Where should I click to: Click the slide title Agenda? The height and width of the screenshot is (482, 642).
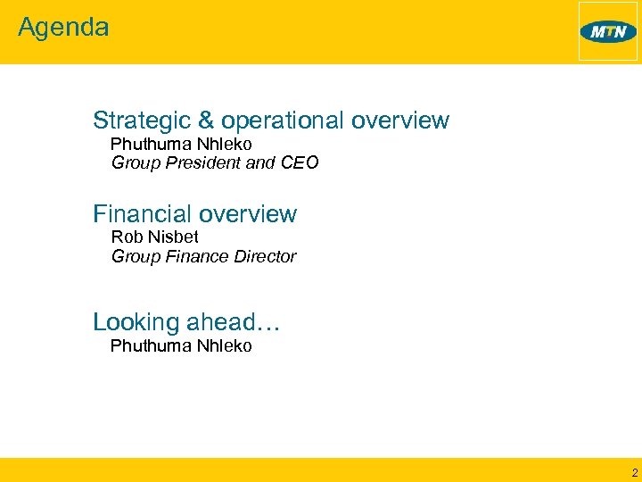(63, 28)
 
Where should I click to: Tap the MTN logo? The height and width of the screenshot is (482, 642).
(608, 32)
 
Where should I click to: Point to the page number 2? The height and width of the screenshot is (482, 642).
(634, 472)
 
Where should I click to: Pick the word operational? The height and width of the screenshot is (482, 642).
(283, 121)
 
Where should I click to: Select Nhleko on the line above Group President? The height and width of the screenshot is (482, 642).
(224, 144)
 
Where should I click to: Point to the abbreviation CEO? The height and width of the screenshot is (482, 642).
(300, 162)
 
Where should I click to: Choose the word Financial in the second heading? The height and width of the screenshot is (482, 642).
(143, 214)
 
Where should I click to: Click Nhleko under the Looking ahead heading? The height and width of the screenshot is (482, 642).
(224, 345)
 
